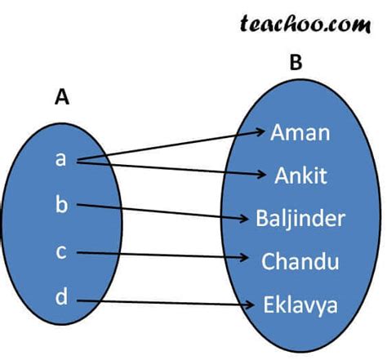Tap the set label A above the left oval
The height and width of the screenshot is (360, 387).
[61, 98]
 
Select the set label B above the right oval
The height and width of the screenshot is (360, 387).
[295, 62]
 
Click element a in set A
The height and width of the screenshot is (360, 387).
[60, 158]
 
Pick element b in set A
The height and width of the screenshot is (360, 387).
[61, 204]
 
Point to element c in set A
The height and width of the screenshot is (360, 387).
[60, 251]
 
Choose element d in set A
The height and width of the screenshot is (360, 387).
[61, 298]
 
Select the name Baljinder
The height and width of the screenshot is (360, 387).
[300, 219]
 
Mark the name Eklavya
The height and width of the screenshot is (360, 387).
[300, 305]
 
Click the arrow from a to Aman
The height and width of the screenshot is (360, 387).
[171, 144]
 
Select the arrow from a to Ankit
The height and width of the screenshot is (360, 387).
[171, 167]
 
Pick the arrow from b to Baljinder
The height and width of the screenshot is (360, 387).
[163, 212]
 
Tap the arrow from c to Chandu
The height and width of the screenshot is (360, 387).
[163, 256]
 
